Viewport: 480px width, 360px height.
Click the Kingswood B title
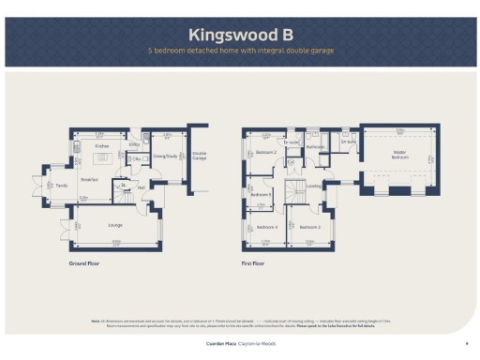pyautogui.click(x=239, y=35)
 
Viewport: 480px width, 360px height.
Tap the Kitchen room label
pyautogui.click(x=102, y=146)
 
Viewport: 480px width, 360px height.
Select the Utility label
pyautogui.click(x=134, y=146)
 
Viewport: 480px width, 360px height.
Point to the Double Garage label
pyautogui.click(x=200, y=156)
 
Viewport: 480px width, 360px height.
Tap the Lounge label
pyautogui.click(x=116, y=226)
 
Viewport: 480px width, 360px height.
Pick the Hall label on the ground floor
pyautogui.click(x=142, y=187)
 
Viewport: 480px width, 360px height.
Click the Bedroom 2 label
pyautogui.click(x=266, y=151)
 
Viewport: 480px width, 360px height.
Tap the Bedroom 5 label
pyautogui.click(x=260, y=194)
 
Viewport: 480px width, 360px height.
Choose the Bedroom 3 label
pyautogui.click(x=310, y=227)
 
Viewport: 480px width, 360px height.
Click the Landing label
pyautogui.click(x=314, y=186)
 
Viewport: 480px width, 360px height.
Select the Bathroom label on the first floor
pyautogui.click(x=315, y=146)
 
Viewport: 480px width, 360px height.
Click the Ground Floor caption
pyautogui.click(x=83, y=264)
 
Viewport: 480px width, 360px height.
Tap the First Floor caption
pyautogui.click(x=252, y=264)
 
